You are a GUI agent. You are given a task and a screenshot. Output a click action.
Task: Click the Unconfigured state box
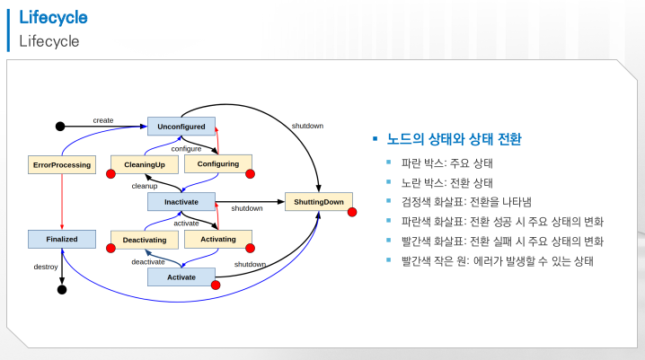click(181, 127)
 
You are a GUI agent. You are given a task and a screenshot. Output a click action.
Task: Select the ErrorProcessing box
click(61, 164)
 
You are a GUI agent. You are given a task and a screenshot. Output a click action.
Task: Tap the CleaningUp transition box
click(144, 164)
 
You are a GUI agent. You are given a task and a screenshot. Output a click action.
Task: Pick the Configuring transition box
click(217, 164)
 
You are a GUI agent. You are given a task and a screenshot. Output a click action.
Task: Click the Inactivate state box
click(181, 202)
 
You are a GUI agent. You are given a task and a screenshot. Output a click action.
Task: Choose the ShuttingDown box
click(318, 202)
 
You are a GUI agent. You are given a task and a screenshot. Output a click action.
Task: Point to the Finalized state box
click(61, 240)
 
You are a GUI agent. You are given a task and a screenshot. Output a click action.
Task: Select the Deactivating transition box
click(144, 240)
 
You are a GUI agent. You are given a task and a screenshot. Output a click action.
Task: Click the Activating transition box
click(217, 240)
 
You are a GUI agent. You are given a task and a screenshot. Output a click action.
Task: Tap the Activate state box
click(181, 277)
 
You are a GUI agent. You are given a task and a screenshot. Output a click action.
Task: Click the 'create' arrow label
click(102, 120)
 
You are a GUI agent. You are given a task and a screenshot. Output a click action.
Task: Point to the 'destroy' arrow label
click(46, 268)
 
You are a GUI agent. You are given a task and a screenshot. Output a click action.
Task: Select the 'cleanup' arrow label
click(145, 186)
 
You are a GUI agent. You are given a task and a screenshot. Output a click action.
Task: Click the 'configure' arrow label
click(186, 148)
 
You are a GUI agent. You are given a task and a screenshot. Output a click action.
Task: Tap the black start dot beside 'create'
click(60, 126)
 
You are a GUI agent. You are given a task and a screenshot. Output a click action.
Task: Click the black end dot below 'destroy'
click(61, 290)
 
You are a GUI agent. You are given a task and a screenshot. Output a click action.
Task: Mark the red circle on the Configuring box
click(251, 173)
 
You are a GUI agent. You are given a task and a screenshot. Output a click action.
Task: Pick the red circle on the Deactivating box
click(112, 249)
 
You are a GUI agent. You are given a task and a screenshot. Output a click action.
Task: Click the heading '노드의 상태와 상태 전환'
click(454, 141)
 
